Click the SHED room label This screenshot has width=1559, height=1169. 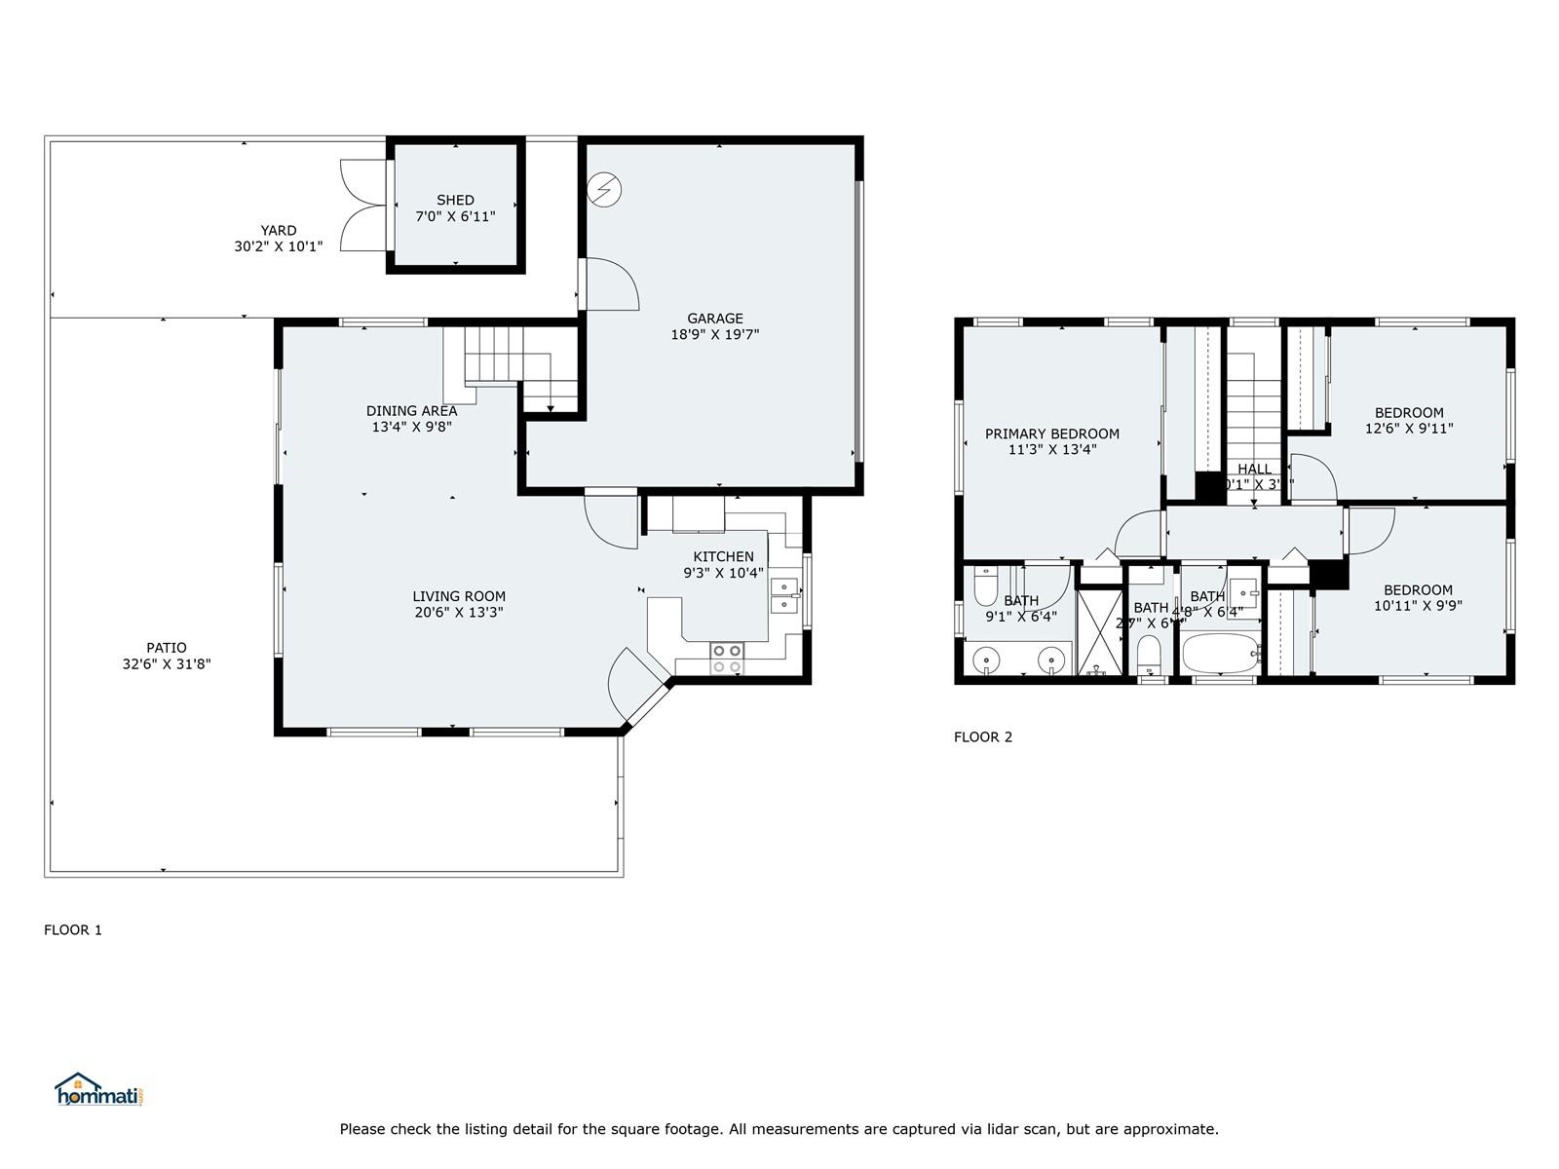point(455,201)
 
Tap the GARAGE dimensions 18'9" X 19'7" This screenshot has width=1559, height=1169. point(714,334)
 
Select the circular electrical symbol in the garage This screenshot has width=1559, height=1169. point(604,189)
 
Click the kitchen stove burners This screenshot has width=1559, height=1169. point(726,659)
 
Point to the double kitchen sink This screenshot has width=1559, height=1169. point(783,595)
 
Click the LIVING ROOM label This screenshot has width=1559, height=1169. point(458,596)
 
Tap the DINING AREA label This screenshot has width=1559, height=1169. point(411,411)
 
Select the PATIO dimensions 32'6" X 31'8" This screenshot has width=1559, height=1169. point(166,663)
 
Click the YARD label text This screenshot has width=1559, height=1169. point(278,231)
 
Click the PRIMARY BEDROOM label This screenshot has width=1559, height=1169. point(1051,434)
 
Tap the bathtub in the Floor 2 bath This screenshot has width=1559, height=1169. point(1221,653)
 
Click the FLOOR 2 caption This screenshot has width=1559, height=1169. point(982,736)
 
